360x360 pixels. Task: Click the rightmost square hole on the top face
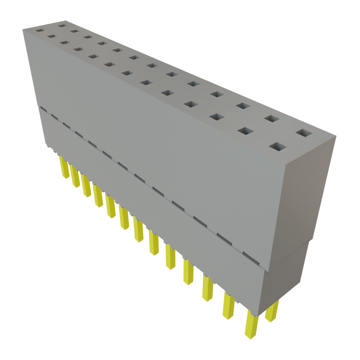click(x=304, y=133)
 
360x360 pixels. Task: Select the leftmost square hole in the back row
click(x=63, y=25)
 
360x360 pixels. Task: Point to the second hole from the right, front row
click(x=245, y=131)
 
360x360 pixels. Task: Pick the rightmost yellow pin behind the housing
click(x=272, y=311)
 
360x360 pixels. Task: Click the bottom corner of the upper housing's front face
click(x=269, y=271)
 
